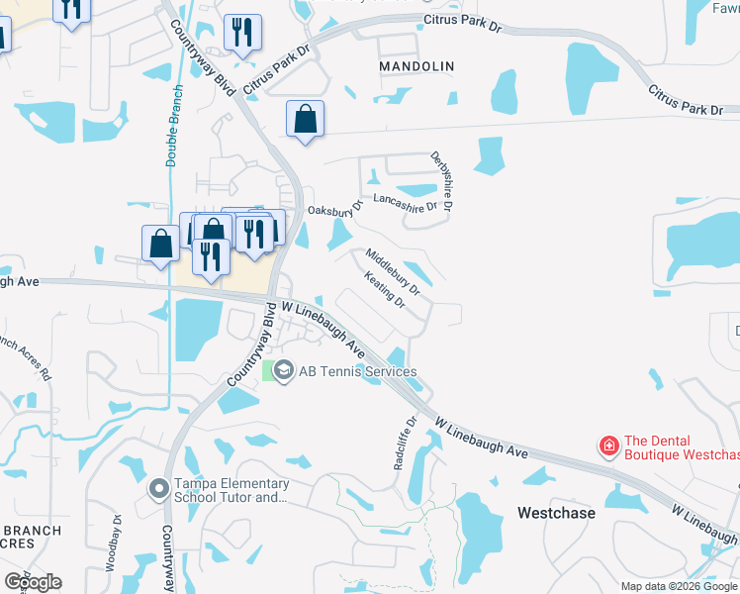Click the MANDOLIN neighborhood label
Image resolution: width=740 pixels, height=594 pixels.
(x=416, y=66)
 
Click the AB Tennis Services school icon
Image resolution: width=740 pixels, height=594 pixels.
(x=284, y=372)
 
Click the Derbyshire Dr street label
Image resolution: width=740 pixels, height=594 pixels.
(x=441, y=181)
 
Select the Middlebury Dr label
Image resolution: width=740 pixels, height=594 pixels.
(x=393, y=272)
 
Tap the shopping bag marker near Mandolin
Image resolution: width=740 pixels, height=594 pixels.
(x=305, y=120)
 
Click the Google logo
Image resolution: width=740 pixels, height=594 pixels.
(x=33, y=582)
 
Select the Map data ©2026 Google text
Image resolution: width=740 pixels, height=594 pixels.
(x=680, y=586)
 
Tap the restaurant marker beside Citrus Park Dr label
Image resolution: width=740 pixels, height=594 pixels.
(x=242, y=33)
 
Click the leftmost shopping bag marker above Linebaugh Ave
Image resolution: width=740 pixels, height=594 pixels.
(x=160, y=244)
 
